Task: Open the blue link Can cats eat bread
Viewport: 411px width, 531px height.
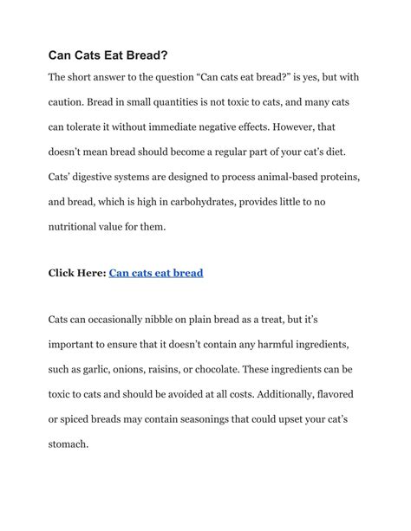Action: point(156,273)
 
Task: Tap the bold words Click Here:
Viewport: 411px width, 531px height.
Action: point(76,273)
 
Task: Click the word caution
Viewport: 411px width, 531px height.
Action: point(71,102)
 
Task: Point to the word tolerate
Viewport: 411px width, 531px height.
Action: point(97,126)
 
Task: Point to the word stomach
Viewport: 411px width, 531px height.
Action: point(68,444)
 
